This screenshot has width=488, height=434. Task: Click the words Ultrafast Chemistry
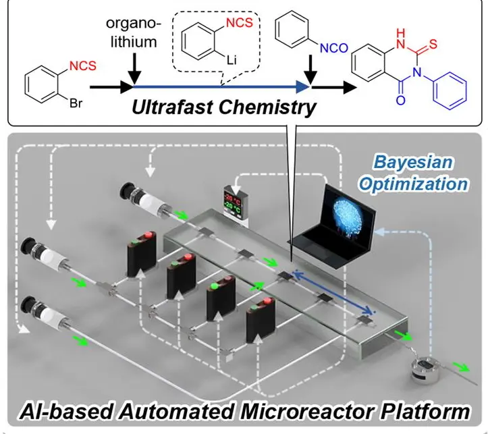click(x=225, y=107)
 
